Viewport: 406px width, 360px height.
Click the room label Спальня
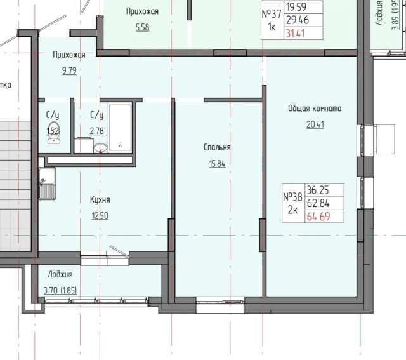click(217, 147)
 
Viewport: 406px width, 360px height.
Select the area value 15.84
click(217, 163)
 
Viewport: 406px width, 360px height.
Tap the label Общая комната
click(315, 109)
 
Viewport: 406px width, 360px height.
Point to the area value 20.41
click(315, 124)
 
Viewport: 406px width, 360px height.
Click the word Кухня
click(100, 199)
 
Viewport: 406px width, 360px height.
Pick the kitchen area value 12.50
click(100, 215)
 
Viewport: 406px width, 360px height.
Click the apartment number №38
click(292, 197)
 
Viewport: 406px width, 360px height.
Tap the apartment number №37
click(272, 14)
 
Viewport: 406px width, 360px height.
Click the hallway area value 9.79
click(69, 70)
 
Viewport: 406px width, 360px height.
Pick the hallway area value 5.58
click(142, 27)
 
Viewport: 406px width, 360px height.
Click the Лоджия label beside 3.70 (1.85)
click(60, 275)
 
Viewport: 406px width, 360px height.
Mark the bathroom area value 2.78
click(96, 131)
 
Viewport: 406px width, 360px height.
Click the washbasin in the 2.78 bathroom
click(100, 149)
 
